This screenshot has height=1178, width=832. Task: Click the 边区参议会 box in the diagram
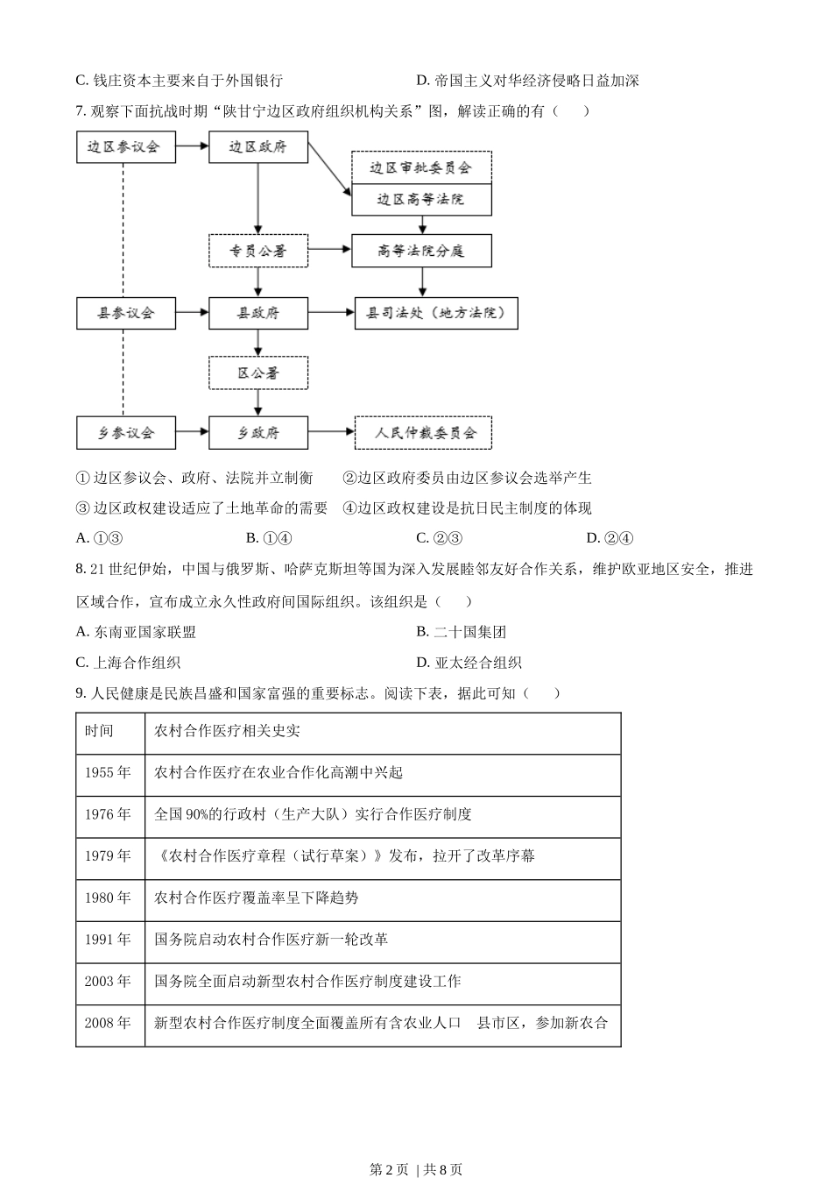(x=125, y=147)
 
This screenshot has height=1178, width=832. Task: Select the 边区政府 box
(x=258, y=147)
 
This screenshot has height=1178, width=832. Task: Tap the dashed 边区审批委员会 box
(x=421, y=167)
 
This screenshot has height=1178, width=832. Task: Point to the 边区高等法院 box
(x=421, y=200)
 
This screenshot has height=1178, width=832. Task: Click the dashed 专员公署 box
(x=258, y=251)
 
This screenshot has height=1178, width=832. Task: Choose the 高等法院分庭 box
(x=421, y=251)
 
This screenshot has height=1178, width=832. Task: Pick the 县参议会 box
(x=125, y=313)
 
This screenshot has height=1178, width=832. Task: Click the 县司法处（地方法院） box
(x=436, y=313)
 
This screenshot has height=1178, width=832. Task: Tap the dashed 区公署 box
(x=258, y=373)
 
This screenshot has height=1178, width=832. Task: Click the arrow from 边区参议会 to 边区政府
(x=192, y=146)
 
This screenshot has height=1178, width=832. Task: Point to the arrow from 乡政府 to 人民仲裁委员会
(x=331, y=431)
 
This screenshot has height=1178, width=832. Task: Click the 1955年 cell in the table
(x=109, y=772)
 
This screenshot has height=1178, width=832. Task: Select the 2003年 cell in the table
(x=109, y=981)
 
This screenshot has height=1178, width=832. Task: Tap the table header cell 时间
(x=109, y=731)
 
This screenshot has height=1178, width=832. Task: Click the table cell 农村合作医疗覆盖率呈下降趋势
(x=257, y=898)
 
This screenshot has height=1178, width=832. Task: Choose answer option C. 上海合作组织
(x=129, y=663)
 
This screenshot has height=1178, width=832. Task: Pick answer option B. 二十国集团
(x=462, y=632)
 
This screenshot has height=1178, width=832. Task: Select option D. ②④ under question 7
(x=610, y=538)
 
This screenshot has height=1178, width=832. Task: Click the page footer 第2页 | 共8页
(x=416, y=1168)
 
